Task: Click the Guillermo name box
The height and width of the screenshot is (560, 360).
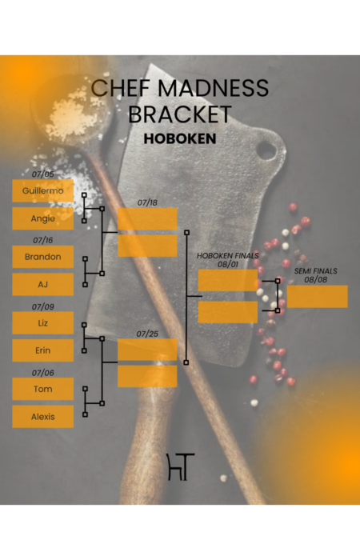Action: coord(43,190)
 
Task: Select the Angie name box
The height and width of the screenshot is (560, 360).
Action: coord(43,218)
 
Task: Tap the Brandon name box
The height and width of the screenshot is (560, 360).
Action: coord(43,257)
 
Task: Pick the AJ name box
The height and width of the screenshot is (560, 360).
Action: coord(43,284)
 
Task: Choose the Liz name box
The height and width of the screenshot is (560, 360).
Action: coord(43,323)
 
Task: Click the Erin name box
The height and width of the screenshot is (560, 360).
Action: coord(43,350)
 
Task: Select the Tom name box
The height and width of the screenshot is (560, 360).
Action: coord(43,389)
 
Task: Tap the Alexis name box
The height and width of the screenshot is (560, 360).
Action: coord(43,417)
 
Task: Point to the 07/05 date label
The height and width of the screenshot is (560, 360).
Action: coord(43,174)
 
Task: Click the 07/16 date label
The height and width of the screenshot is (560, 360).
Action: coord(43,240)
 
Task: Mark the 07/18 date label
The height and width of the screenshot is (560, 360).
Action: coord(147,202)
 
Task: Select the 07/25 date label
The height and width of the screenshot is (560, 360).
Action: coord(147,334)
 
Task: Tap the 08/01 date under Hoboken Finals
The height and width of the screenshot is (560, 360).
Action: coord(228,264)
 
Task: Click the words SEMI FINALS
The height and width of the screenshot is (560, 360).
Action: coord(316,271)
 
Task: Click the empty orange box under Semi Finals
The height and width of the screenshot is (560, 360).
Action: coord(317,297)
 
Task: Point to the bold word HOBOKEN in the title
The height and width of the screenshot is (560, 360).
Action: coord(180,138)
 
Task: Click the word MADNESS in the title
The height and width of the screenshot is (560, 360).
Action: coord(214,88)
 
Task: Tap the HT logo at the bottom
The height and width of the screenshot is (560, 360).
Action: coord(181,466)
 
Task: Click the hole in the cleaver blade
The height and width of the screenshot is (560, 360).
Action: coord(266,150)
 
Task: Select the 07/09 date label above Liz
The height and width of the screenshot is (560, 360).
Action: coord(43,306)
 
